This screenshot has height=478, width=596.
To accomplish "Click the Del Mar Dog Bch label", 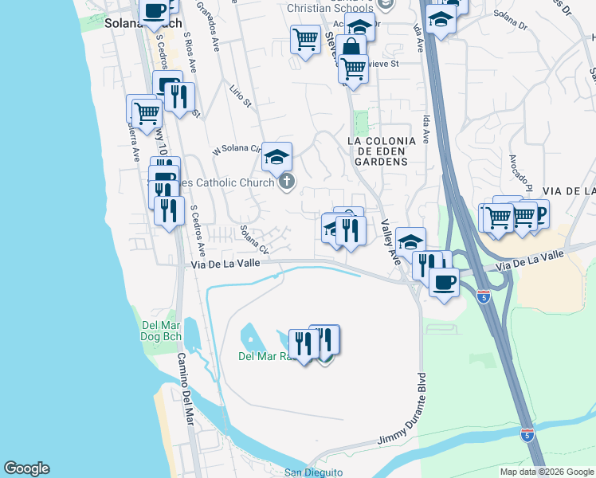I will click(162, 330).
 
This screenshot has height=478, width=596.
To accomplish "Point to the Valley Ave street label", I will click(390, 242).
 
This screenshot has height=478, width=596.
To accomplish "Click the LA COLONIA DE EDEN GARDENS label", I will click(382, 151).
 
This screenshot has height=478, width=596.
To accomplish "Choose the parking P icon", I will click(539, 212).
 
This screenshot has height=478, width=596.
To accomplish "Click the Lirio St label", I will click(240, 96).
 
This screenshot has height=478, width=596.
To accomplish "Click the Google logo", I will click(26, 468).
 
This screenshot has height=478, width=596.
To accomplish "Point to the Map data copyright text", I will click(547, 472).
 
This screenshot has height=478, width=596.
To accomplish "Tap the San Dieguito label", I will click(314, 472).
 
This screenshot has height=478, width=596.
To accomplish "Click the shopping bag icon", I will click(351, 47).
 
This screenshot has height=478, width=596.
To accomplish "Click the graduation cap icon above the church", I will click(276, 156).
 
